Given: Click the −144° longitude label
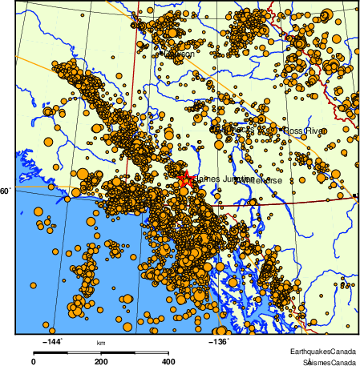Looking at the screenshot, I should click(51, 343).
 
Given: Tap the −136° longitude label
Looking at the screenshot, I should click(218, 343).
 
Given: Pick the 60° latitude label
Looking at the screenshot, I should click(6, 191).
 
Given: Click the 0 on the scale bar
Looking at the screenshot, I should click(33, 361).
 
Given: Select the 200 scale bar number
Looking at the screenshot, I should click(101, 361).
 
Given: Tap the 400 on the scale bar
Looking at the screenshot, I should click(168, 361).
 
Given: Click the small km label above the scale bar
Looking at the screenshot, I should click(101, 344).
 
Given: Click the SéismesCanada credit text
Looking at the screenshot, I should click(324, 362).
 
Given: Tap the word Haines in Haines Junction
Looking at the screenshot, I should click(204, 179).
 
